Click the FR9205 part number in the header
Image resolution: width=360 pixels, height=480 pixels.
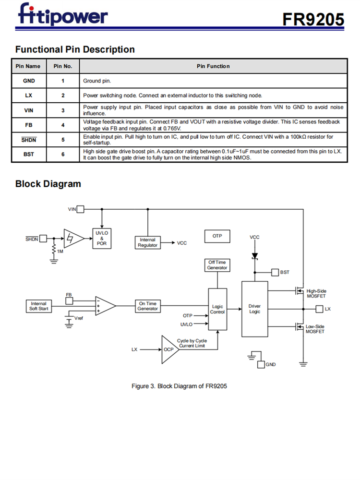(x=313, y=19)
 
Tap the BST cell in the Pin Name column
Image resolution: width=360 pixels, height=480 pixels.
(x=29, y=155)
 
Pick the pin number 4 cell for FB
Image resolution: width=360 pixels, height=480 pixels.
(x=63, y=125)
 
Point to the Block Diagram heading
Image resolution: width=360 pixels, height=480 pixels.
(x=48, y=184)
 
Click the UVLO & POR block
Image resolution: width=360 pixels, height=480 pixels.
(x=102, y=238)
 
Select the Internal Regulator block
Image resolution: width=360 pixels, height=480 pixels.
(x=147, y=242)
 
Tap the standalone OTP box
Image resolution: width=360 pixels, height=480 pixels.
(x=217, y=236)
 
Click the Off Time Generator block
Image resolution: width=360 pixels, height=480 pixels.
(x=217, y=265)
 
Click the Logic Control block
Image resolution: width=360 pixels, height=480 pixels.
(x=217, y=309)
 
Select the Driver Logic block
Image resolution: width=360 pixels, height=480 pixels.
(x=254, y=309)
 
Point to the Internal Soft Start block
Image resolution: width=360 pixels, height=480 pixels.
(x=38, y=306)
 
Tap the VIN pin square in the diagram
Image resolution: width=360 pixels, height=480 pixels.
(x=81, y=209)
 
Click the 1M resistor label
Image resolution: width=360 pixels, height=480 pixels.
(x=60, y=252)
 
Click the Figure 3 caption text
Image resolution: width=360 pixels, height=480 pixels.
(x=179, y=386)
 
